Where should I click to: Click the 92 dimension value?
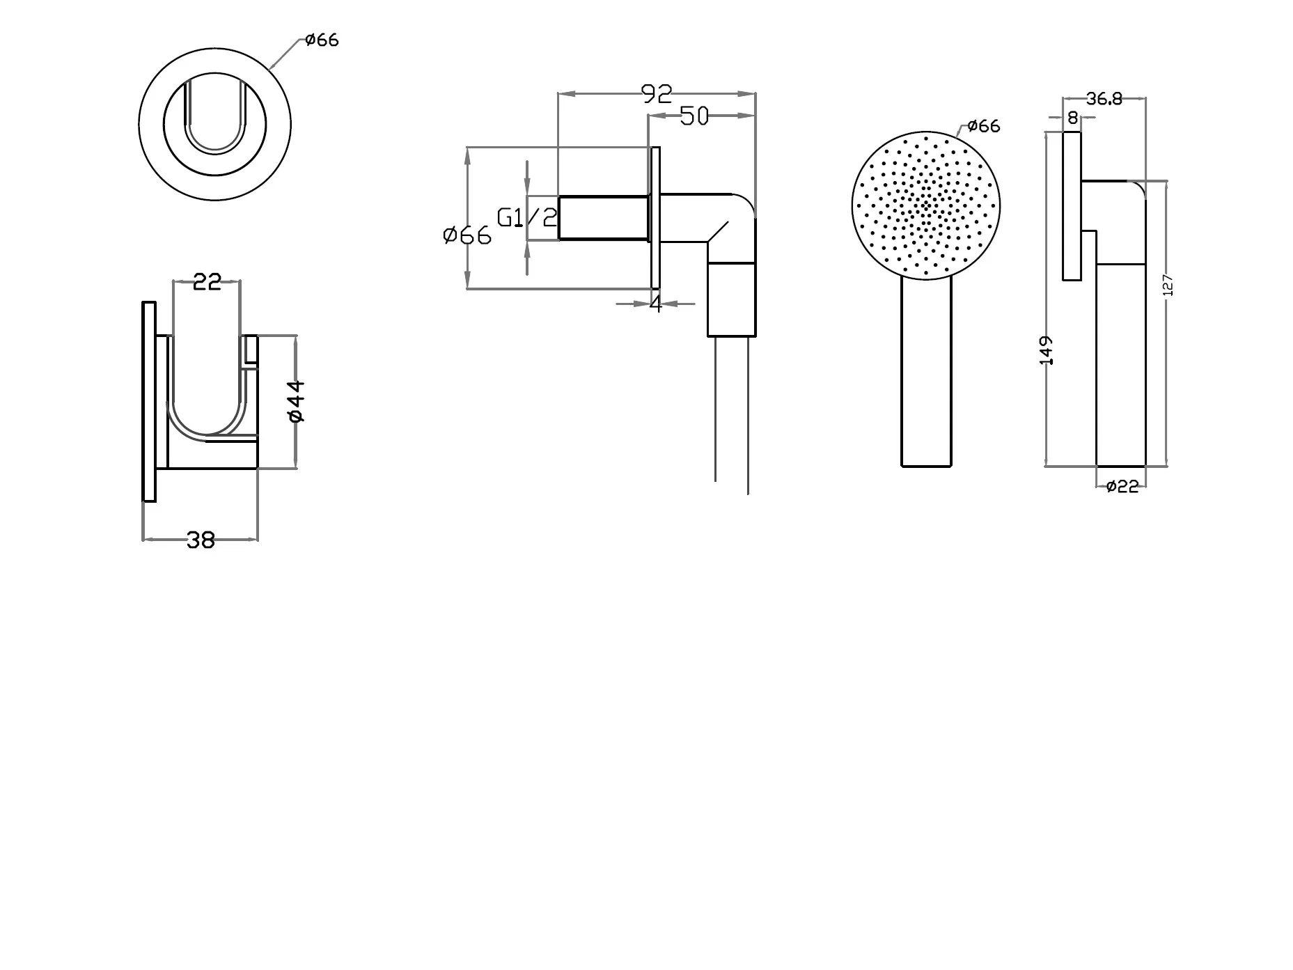pos(657,93)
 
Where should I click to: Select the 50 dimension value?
pos(693,116)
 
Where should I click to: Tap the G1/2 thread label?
pos(527,218)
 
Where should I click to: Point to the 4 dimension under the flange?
pos(655,304)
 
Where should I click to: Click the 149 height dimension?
pos(1046,350)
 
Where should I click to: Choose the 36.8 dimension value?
pos(1104,99)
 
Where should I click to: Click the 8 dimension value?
pos(1072,118)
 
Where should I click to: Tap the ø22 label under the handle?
pos(1122,487)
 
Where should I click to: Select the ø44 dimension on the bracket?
pos(296,401)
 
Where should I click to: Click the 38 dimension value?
pos(201,540)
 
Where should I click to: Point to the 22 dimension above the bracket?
pos(207,282)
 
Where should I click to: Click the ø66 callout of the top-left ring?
pos(322,40)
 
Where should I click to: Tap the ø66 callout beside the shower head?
pos(983,126)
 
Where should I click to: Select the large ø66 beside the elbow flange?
pos(467,235)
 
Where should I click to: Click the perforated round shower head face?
pos(925,205)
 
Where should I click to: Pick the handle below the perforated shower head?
pos(926,372)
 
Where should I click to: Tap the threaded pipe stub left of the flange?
pos(604,218)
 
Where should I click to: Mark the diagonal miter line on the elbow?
pos(719,232)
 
